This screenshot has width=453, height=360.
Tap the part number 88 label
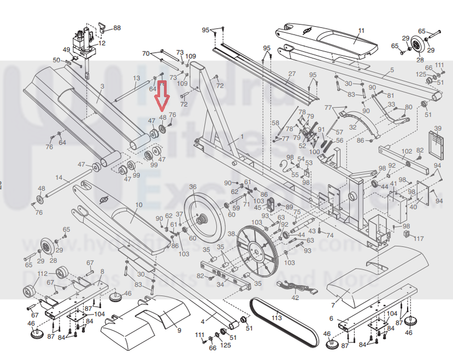(x=117, y=27)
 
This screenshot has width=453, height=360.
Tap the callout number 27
(x=292, y=74)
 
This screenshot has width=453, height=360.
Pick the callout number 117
(x=418, y=239)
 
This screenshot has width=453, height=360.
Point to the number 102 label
(x=406, y=151)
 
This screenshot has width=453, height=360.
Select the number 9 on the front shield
(x=178, y=330)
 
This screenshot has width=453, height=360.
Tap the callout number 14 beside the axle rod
(x=59, y=178)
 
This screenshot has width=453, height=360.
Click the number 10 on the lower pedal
(x=138, y=205)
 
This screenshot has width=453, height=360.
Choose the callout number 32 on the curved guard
(x=352, y=127)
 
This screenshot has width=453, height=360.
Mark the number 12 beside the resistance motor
(x=102, y=43)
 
